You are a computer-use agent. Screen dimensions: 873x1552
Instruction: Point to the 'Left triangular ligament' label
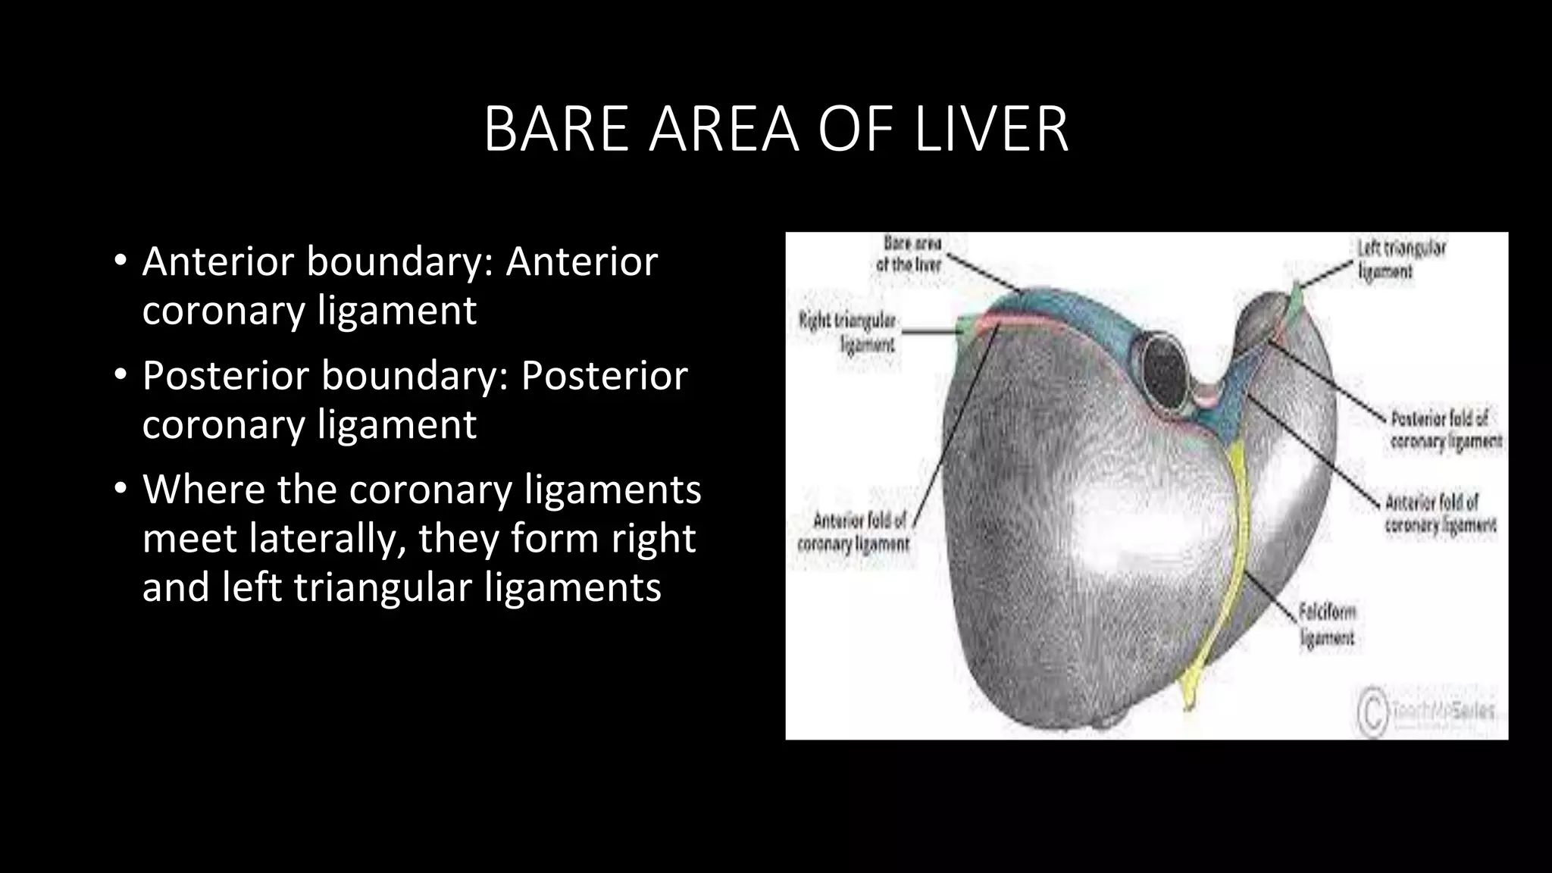pyautogui.click(x=1400, y=259)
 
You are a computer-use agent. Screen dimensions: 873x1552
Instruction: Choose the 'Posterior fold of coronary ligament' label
pyautogui.click(x=1445, y=430)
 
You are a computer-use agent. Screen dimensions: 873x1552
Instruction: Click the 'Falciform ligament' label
pyautogui.click(x=1327, y=624)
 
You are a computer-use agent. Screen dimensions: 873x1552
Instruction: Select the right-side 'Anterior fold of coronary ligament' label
pyautogui.click(x=1439, y=513)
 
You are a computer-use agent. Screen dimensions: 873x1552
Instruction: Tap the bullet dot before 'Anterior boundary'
pyautogui.click(x=120, y=261)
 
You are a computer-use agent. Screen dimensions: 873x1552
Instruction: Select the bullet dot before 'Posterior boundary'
pyautogui.click(x=120, y=375)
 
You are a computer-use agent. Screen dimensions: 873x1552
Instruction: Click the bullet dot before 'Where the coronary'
pyautogui.click(x=120, y=490)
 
